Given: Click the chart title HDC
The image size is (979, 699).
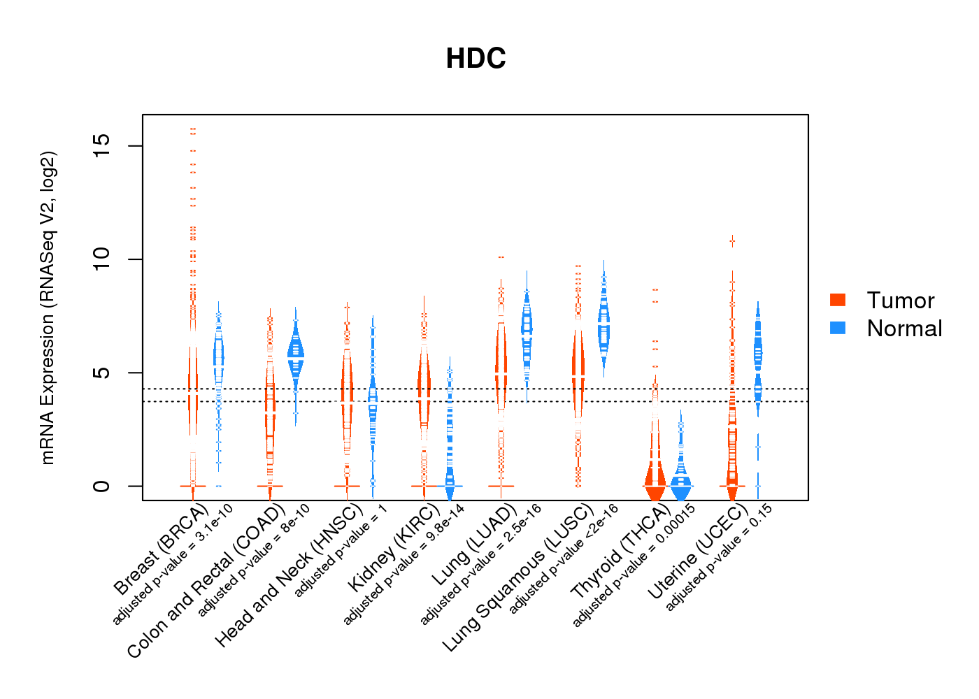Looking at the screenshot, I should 476,59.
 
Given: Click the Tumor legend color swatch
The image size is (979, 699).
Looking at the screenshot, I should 838,300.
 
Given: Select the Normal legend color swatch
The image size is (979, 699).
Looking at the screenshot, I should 838,328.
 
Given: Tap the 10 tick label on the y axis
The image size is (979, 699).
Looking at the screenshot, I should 102,259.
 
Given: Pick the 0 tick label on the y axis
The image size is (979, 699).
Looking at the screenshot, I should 102,486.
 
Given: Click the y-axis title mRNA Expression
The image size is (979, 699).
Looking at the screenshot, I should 48,308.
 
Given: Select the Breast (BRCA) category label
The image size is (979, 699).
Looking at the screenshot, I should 161,548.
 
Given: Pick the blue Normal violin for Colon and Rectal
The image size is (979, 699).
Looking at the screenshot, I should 296,356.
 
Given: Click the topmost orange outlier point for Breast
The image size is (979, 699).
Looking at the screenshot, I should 193,129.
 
